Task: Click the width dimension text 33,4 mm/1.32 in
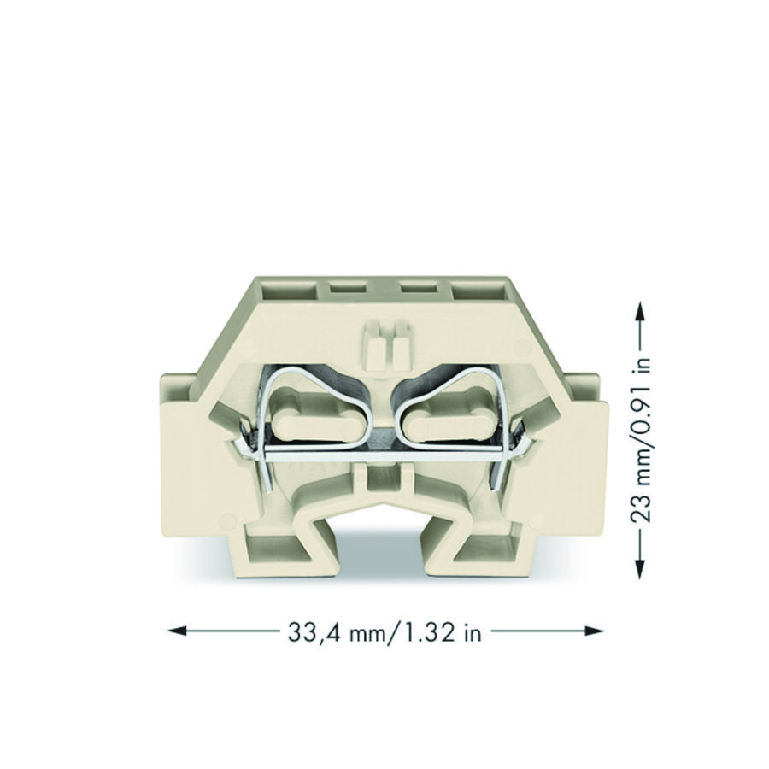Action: [x=384, y=632]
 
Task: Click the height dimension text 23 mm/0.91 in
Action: [x=641, y=439]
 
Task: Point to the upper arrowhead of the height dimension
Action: [x=640, y=311]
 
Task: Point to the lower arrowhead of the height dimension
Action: [x=640, y=569]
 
